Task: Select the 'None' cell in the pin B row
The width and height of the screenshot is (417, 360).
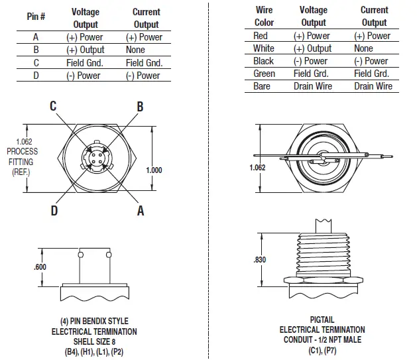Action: coord(135,50)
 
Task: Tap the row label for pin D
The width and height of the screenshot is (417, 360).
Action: coord(36,75)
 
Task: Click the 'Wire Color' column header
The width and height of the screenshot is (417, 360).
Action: coord(264,17)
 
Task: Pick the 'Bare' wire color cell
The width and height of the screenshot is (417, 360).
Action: coord(263,86)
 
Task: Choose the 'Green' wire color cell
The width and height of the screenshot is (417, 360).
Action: coord(264,74)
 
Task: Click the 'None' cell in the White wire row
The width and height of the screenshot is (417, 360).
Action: coord(363,48)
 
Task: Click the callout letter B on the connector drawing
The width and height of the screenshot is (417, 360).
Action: coord(140,107)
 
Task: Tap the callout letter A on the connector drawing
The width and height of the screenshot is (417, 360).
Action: coord(141,210)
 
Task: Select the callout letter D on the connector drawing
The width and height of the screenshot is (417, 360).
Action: coord(52,210)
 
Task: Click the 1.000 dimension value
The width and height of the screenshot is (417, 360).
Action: coord(153,170)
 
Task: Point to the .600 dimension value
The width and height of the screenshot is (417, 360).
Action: coord(40,267)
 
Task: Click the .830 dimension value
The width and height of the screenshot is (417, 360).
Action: coord(259,261)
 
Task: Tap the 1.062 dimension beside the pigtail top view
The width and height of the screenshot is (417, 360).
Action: coord(257,168)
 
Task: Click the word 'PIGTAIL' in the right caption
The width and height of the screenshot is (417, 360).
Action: coord(322,320)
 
